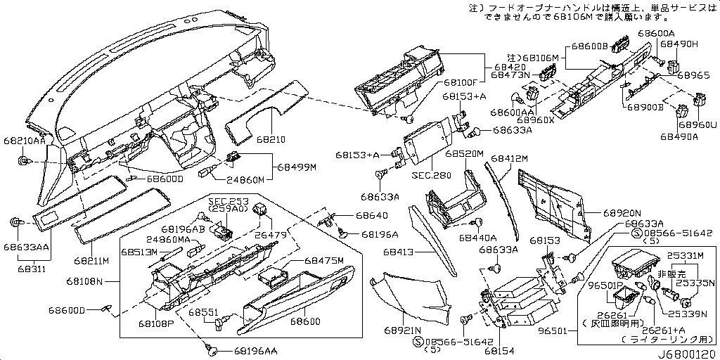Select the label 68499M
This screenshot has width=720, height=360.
point(296,167)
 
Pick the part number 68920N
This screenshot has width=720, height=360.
point(621,211)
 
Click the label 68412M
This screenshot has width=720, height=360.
point(509,160)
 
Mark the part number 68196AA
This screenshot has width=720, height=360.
point(256,349)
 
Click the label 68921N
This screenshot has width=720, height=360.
point(402,330)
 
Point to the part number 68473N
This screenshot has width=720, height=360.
point(510,74)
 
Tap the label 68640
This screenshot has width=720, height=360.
point(371,215)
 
